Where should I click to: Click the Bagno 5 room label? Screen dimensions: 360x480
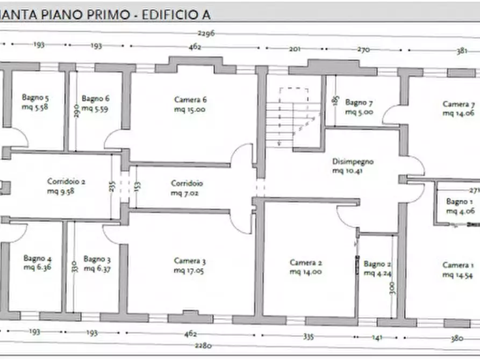[x=35, y=103]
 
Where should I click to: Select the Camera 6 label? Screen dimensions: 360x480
[x=190, y=104]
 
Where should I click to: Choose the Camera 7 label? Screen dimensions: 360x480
[x=458, y=109]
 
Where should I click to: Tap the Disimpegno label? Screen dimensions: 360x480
[x=353, y=166]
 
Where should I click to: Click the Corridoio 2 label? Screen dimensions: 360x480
[x=66, y=186]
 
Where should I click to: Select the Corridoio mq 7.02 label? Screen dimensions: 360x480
[x=187, y=188]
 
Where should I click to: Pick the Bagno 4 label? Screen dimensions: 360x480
[x=37, y=263]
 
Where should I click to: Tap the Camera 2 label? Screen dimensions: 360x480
[x=306, y=267]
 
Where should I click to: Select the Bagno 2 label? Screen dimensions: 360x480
[x=377, y=268]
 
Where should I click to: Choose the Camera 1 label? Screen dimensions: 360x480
[x=458, y=270]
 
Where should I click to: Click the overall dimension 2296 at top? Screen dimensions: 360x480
[x=206, y=33]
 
